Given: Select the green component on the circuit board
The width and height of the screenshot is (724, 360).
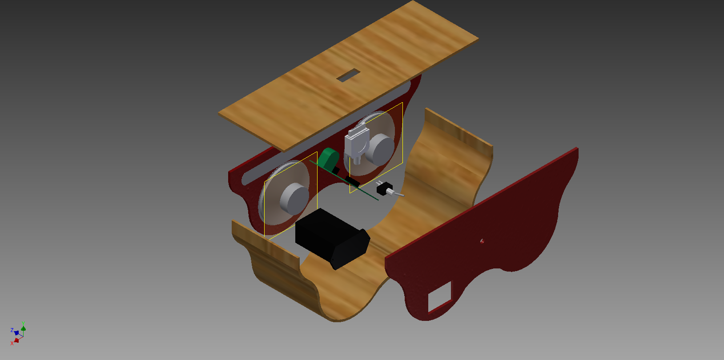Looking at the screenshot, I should [x=328, y=158].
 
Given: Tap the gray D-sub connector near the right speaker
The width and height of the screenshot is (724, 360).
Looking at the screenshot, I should [x=356, y=142].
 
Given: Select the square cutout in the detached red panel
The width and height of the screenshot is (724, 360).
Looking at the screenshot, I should [x=439, y=296].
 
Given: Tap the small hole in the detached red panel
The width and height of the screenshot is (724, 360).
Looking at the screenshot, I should [x=482, y=241].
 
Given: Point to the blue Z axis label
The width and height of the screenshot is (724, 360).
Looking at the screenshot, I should [x=12, y=330].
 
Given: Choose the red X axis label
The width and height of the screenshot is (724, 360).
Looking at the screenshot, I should [x=12, y=343].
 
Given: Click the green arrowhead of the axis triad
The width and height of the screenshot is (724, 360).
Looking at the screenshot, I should [x=23, y=329].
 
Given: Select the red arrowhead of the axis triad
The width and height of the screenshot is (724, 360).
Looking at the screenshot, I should [x=17, y=340].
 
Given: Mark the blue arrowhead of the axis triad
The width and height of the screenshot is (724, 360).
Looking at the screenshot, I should [x=16, y=333].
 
